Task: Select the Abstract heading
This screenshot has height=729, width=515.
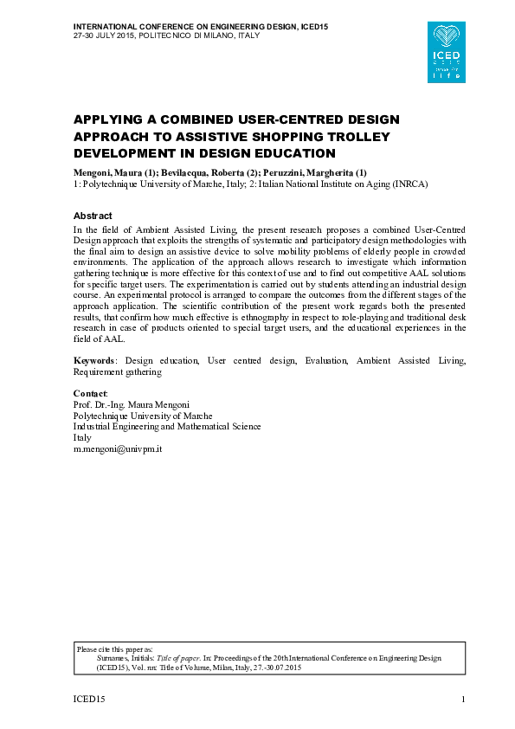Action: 93,216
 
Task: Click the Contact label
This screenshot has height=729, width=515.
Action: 90,394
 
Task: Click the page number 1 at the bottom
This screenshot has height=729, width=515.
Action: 464,700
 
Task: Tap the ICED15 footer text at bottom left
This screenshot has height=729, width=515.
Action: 87,700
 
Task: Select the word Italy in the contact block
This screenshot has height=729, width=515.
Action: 82,438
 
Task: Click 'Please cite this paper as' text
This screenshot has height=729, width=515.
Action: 114,648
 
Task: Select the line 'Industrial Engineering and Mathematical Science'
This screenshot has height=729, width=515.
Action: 166,427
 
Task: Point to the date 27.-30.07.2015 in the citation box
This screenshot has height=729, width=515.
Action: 274,668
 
